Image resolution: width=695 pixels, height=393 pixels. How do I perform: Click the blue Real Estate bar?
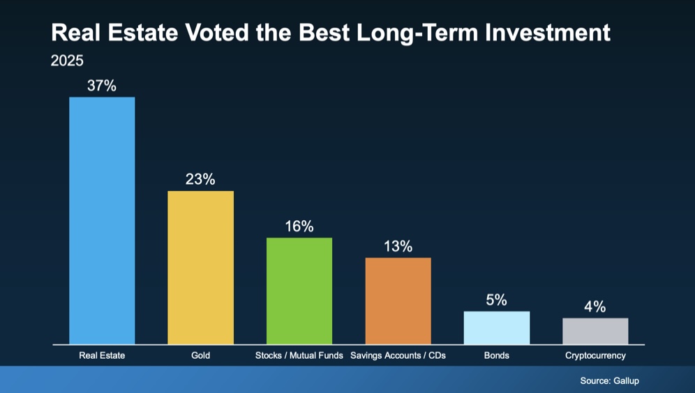(x=102, y=220)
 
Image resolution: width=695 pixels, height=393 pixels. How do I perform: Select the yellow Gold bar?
(x=200, y=268)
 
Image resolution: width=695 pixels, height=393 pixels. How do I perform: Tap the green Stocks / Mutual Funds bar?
(x=299, y=291)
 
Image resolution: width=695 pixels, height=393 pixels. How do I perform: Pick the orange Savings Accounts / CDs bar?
(x=398, y=301)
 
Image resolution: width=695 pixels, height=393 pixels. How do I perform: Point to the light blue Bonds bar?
(x=497, y=327)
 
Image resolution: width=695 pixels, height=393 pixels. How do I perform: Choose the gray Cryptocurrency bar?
(x=595, y=331)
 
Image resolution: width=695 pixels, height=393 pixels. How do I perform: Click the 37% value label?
(x=102, y=86)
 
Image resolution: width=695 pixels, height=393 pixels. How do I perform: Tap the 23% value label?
(x=200, y=179)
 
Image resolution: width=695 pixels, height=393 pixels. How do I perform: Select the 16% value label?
(x=299, y=226)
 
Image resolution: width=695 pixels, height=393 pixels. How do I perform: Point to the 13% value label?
(x=398, y=247)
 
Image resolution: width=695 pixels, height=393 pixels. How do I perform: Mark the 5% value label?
(x=497, y=300)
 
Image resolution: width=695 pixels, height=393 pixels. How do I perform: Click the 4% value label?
(x=595, y=307)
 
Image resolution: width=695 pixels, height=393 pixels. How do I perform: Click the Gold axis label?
(x=200, y=355)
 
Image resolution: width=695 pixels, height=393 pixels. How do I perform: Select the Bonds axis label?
(x=497, y=355)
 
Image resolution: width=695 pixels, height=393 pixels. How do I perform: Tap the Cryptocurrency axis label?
(x=595, y=355)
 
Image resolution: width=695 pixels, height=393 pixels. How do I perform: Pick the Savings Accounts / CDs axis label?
(x=398, y=355)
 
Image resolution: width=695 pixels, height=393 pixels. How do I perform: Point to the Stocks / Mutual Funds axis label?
(x=299, y=355)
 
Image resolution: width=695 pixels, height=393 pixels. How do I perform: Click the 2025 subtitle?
(x=67, y=61)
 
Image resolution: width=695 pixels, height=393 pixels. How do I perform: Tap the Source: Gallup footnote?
(x=609, y=381)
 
